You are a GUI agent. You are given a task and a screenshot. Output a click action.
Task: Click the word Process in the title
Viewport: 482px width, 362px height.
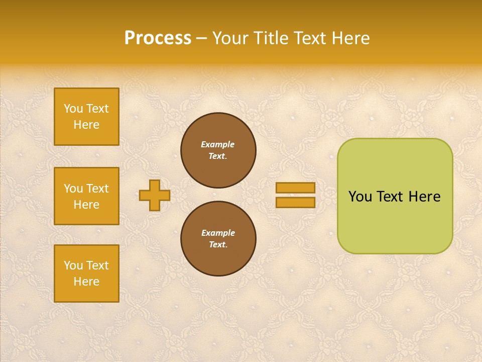158,38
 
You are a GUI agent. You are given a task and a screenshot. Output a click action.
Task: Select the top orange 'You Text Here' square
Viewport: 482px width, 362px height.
86,117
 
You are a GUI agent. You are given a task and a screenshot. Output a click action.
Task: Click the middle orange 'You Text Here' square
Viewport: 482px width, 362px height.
86,196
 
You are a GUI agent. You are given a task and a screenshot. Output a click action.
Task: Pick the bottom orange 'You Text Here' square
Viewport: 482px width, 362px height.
86,274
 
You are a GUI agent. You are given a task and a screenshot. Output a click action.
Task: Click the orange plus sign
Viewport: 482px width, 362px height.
155,195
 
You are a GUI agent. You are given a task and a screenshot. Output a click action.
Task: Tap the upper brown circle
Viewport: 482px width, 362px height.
218,150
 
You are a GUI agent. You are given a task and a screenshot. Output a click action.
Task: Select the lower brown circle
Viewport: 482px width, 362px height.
218,238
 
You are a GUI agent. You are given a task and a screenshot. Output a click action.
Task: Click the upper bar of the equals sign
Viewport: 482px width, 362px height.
295,188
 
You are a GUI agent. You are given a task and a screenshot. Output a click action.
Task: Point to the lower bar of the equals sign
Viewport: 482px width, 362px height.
295,202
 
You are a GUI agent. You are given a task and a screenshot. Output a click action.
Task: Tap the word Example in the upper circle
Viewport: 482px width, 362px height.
218,144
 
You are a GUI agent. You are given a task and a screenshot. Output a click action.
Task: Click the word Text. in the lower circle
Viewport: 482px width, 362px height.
218,244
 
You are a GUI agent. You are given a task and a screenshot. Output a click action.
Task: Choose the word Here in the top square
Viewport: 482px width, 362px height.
86,125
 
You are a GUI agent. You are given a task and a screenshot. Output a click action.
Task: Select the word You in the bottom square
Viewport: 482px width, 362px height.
73,265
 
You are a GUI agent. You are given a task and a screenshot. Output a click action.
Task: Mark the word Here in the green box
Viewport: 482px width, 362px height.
424,197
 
